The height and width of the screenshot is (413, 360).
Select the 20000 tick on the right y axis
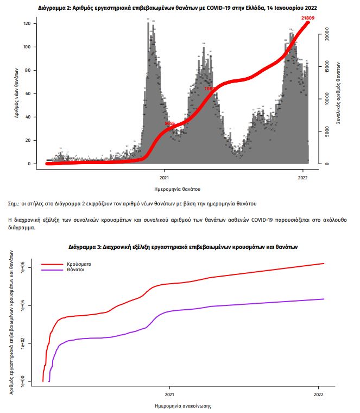click(326, 35)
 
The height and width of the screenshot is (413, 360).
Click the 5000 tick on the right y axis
click(326, 131)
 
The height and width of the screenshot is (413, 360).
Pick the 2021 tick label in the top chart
click(164, 177)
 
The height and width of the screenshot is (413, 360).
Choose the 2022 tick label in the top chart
click(304, 177)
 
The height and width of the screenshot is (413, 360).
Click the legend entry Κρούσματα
click(79, 264)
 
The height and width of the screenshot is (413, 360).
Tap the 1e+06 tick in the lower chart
click(23, 267)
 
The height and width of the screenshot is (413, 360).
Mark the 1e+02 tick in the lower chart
click(23, 343)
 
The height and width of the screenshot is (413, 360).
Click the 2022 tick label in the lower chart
click(318, 395)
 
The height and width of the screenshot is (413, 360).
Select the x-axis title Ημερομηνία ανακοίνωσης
click(182, 406)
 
